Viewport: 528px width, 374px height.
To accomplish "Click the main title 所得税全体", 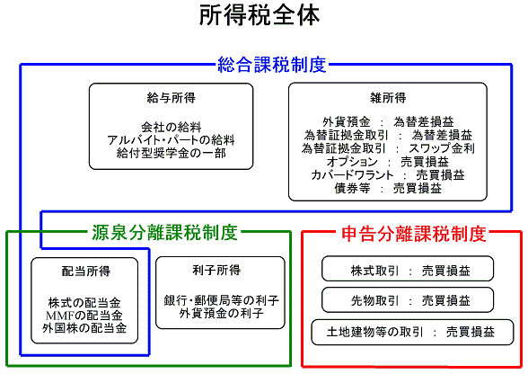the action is pos(260,15).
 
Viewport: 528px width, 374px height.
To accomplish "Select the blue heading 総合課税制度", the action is pos(272,65).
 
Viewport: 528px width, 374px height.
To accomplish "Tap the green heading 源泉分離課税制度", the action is pos(164,233).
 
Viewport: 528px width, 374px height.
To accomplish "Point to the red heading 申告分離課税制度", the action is pos(414,234).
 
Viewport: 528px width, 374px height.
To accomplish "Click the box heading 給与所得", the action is pos(171,98).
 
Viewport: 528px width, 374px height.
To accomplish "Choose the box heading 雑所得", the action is pos(388,98).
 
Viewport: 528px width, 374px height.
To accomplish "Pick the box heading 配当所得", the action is pos(85,271).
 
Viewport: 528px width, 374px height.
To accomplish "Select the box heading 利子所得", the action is pos(216,270).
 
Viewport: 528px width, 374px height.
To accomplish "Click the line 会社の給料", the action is pos(171,127).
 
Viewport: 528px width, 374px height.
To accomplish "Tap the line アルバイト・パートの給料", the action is pos(171,140).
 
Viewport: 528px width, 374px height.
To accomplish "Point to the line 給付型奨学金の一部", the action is pos(171,153).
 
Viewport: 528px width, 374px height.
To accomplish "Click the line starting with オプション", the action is pos(387,162).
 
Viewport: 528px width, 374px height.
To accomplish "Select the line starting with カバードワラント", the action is pos(388,175).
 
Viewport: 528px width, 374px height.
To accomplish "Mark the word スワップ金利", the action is pos(442,148).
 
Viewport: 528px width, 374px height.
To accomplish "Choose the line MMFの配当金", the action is pos(84,316).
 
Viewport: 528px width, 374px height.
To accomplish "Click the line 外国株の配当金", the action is pos(84,328).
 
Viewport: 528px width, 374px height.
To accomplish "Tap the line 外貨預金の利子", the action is pos(221,313).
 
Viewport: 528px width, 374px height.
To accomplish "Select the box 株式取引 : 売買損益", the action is pos(408,269).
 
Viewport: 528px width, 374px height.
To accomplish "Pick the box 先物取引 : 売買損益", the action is pos(408,299).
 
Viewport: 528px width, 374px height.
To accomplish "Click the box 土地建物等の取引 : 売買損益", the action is pos(412,332).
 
